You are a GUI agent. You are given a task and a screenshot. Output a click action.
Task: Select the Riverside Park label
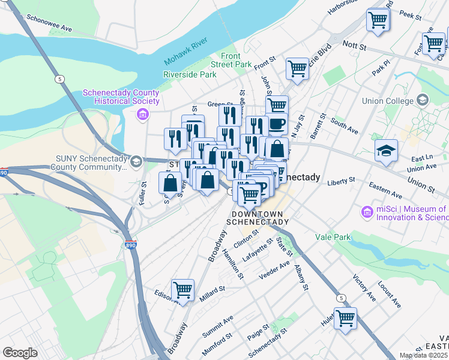click(189, 75)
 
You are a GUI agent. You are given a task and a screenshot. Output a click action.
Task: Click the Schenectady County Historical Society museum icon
click(142, 114)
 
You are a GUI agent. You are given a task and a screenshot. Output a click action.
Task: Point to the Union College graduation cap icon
click(423, 100)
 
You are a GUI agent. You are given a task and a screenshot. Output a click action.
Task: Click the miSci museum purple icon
click(366, 212)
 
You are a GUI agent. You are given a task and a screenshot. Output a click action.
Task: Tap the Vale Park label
click(333, 237)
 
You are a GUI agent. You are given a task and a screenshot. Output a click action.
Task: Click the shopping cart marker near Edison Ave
click(182, 290)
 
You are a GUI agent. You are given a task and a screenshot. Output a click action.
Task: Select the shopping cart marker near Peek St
click(378, 20)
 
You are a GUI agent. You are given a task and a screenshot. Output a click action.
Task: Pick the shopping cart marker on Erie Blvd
click(297, 69)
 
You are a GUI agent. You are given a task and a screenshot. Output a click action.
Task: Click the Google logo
click(20, 353)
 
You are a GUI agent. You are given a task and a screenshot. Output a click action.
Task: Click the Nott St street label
click(354, 44)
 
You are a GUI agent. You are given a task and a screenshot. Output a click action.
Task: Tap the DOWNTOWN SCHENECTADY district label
click(257, 218)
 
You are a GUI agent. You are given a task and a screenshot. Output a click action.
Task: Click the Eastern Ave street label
click(385, 191)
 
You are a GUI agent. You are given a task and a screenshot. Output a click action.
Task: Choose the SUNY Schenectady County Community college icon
click(136, 161)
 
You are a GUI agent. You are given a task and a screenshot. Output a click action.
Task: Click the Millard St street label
click(212, 290)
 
